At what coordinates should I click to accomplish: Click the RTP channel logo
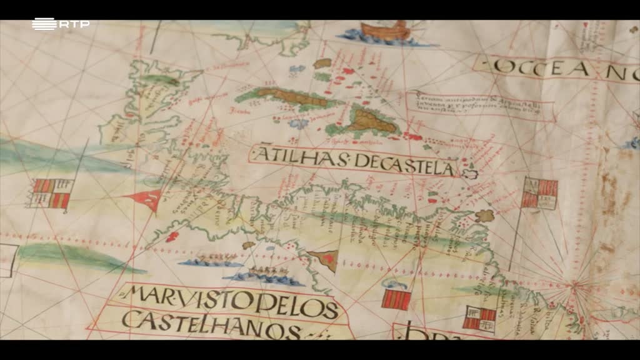[x=60, y=24]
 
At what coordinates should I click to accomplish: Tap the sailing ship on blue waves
[x=384, y=32]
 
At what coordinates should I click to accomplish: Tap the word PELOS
[x=297, y=307]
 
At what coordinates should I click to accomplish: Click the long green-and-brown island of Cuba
[x=287, y=97]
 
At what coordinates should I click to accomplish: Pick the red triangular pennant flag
[x=146, y=199]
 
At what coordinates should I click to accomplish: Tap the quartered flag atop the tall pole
[x=539, y=192]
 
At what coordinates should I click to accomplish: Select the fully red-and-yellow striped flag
[x=396, y=299]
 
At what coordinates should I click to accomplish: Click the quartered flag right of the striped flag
[x=480, y=317]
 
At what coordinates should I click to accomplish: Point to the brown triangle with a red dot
[x=325, y=258]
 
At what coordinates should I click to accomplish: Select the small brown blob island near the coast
[x=484, y=216]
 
